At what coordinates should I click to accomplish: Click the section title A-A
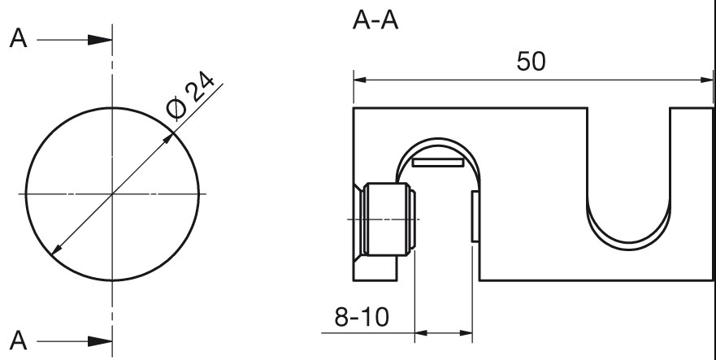[375, 21]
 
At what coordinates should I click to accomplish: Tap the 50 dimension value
[531, 61]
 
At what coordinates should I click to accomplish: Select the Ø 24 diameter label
[190, 96]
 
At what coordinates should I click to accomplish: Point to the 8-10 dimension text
[362, 317]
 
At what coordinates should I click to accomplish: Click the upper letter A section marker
[18, 38]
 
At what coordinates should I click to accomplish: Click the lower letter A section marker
[18, 340]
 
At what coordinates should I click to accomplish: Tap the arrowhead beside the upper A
[100, 40]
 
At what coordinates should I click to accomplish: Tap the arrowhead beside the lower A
[100, 341]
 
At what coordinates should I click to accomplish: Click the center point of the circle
[112, 194]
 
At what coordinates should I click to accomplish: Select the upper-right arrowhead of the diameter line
[168, 138]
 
